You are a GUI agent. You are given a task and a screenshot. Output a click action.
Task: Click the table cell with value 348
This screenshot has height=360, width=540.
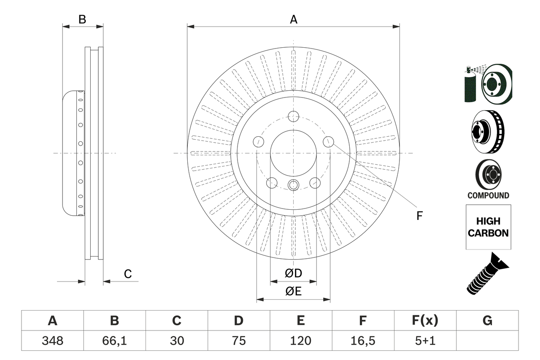(52, 341)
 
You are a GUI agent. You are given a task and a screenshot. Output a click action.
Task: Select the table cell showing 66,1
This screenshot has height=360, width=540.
(114, 341)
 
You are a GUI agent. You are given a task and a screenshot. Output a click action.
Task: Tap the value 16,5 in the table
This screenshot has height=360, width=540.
(362, 341)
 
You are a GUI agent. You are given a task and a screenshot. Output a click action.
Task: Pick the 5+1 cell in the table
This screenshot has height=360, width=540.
(425, 341)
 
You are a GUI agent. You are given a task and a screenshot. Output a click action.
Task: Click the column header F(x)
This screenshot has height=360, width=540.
(425, 321)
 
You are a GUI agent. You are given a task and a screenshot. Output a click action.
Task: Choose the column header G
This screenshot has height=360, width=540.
(487, 321)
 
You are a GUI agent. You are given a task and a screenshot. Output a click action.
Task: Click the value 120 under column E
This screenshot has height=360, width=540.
(300, 341)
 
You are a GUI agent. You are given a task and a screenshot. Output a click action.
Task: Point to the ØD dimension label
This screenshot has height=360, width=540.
(294, 273)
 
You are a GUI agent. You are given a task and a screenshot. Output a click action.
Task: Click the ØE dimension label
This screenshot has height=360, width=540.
(294, 291)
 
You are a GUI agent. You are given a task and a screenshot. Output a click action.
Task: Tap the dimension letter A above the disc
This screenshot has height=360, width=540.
(293, 19)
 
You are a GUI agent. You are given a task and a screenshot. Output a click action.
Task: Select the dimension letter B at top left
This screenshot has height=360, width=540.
(83, 19)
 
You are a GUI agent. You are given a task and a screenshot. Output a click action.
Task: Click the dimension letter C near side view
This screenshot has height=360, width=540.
(128, 274)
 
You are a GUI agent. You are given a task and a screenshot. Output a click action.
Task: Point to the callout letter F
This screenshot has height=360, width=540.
(419, 216)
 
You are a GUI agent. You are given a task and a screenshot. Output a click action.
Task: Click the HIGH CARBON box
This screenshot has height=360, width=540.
(488, 227)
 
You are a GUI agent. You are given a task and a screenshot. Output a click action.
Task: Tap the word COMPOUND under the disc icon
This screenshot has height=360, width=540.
(488, 195)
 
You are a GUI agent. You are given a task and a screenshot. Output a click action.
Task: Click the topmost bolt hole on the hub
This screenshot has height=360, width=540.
(293, 116)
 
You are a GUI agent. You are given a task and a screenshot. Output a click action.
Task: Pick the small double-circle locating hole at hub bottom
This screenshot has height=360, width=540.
(293, 184)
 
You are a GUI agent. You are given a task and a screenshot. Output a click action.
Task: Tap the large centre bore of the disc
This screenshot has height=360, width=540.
(293, 152)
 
